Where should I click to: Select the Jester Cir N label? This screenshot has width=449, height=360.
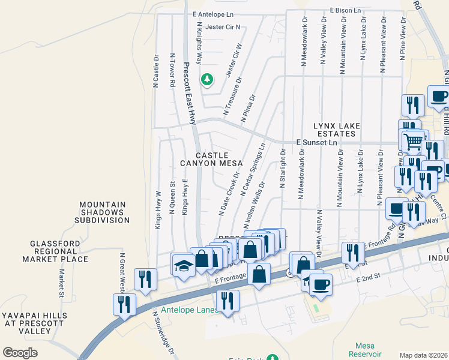(x=222, y=27)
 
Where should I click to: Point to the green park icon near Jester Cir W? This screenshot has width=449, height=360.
(x=207, y=79)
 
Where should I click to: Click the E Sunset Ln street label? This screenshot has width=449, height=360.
(x=317, y=143)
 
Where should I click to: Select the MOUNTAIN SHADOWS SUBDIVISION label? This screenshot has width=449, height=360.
(x=103, y=212)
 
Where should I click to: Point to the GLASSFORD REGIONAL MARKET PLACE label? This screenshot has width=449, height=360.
(x=55, y=251)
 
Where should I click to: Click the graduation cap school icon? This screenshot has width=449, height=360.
(x=183, y=264)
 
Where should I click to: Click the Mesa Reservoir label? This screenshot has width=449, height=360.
(x=364, y=350)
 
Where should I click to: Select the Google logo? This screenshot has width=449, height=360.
(x=20, y=352)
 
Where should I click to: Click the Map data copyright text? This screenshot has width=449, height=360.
(x=423, y=355)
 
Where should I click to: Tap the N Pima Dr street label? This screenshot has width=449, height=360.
(x=248, y=108)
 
